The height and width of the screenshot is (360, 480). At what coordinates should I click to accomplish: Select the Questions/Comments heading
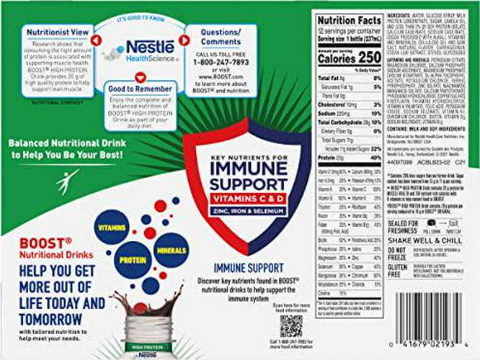point(215,36)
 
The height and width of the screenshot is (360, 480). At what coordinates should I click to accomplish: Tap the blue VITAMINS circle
point(112,226)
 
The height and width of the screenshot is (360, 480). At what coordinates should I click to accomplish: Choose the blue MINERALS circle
point(171,250)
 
